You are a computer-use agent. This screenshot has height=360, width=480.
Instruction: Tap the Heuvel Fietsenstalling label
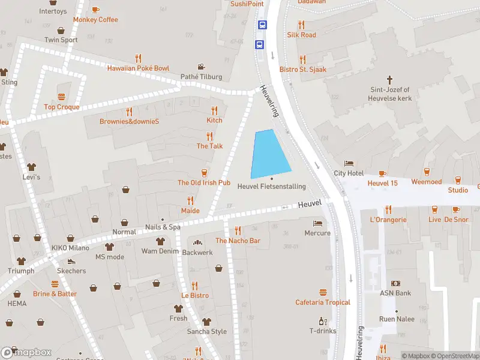coord(271,187)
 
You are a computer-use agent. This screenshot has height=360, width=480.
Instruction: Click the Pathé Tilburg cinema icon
coord(202,67)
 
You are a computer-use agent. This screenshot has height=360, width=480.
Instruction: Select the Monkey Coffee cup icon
coord(95,10)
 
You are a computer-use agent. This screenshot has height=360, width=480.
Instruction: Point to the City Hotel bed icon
coord(349,164)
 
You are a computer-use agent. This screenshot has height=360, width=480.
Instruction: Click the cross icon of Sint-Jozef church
coord(389,79)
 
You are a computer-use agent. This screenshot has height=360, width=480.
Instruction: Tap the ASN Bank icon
coord(395,283)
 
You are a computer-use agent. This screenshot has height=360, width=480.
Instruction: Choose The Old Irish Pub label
coord(203,182)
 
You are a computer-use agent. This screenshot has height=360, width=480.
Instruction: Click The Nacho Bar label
coord(238,241)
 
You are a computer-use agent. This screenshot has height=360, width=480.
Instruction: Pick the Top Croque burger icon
coord(61,97)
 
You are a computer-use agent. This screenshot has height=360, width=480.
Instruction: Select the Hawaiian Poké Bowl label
coord(138,68)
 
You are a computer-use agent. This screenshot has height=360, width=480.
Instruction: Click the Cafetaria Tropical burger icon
coord(323,292)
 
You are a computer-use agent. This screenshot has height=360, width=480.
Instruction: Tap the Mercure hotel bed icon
coord(317,223)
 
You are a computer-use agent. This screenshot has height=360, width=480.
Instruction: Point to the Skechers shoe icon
coord(71,261)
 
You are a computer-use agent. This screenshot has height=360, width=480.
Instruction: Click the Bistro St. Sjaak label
coord(303,70)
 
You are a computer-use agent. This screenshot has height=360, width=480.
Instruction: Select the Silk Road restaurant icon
coord(301,25)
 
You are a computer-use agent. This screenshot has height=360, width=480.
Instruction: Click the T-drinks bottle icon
coord(323,321)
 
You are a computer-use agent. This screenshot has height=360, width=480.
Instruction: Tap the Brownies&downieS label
coord(129,121)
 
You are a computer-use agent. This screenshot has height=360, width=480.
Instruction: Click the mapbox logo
coord(26,352)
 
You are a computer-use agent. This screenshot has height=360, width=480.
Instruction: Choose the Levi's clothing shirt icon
coord(31,167)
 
